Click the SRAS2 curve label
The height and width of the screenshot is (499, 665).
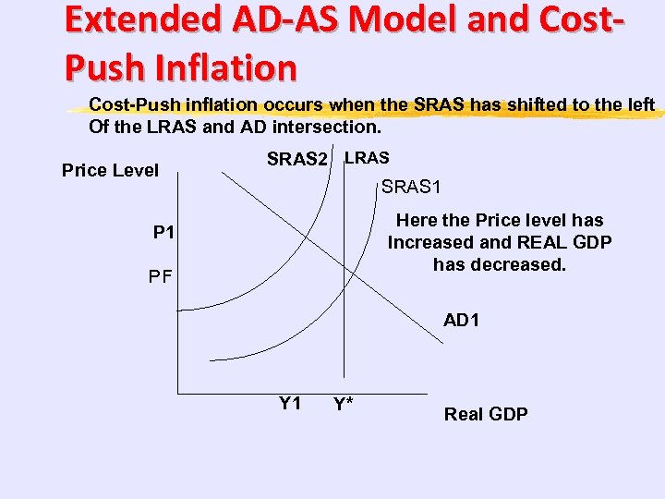coord(296,160)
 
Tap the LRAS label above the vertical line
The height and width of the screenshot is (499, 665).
coord(367,158)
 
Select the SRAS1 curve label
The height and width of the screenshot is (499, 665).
coord(411,188)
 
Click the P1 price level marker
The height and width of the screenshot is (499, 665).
coord(164,231)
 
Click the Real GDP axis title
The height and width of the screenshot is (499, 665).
coord(486,414)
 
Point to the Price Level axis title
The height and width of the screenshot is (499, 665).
coord(110,170)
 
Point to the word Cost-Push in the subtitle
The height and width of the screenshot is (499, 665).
coord(127,104)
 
